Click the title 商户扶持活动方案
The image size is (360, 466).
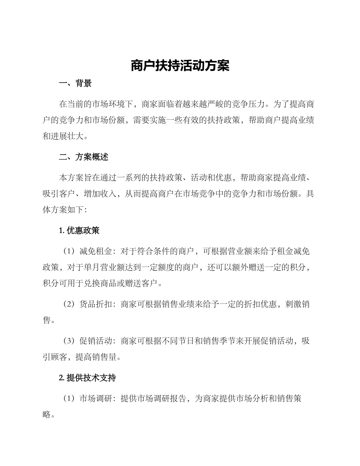click(x=180, y=66)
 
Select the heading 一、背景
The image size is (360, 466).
click(x=75, y=84)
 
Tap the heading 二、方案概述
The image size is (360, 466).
click(x=83, y=157)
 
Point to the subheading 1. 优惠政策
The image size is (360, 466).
click(x=80, y=230)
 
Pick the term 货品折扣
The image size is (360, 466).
click(x=96, y=304)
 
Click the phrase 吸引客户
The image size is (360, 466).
click(x=59, y=194)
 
